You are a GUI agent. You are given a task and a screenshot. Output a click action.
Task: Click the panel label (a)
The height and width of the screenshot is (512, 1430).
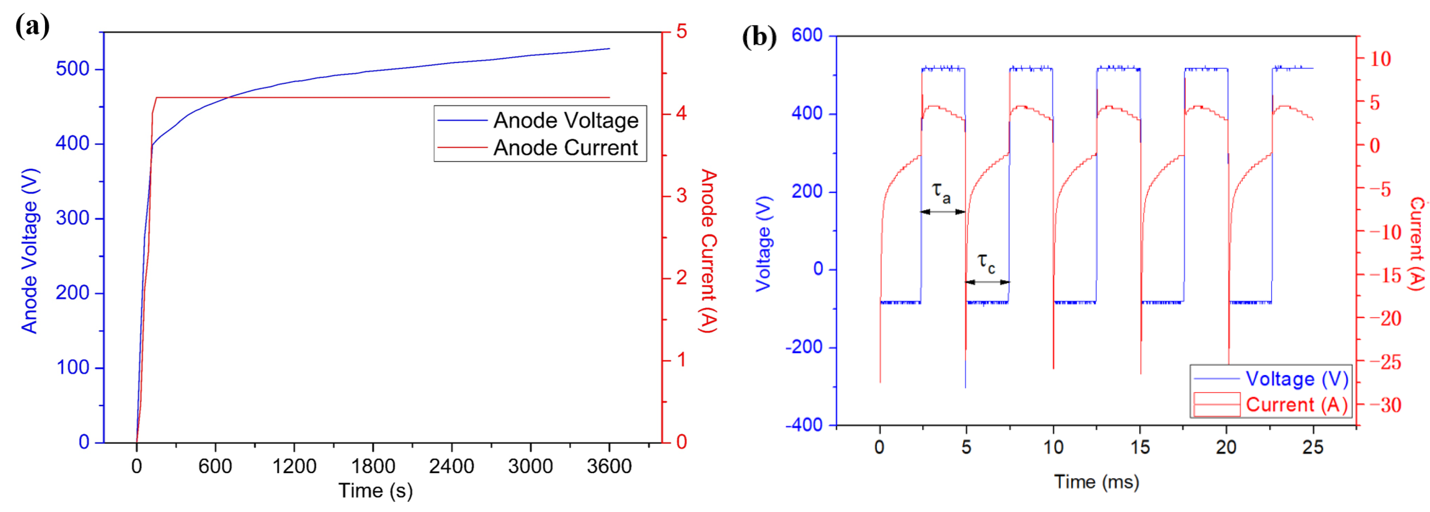32,26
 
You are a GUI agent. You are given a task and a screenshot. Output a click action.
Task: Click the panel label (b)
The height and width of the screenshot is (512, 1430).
759,38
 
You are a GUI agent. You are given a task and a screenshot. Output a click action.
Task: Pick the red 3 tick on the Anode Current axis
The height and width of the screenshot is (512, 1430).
681,196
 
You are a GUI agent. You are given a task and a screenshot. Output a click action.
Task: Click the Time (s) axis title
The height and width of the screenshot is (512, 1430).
375,491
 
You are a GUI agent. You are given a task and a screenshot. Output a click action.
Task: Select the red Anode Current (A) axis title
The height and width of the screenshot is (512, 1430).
708,251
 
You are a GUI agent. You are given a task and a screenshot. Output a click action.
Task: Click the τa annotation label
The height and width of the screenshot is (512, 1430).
941,192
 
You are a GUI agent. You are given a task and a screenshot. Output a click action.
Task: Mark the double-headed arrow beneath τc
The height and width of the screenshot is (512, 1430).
987,282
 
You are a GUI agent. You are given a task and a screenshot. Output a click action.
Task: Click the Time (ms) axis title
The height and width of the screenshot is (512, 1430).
1097,481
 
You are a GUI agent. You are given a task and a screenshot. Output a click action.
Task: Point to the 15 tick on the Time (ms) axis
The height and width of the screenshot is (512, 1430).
1140,447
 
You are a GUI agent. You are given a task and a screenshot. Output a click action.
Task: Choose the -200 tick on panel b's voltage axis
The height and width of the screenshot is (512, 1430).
803,347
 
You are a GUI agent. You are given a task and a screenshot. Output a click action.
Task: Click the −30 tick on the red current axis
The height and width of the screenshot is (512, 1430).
1385,405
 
